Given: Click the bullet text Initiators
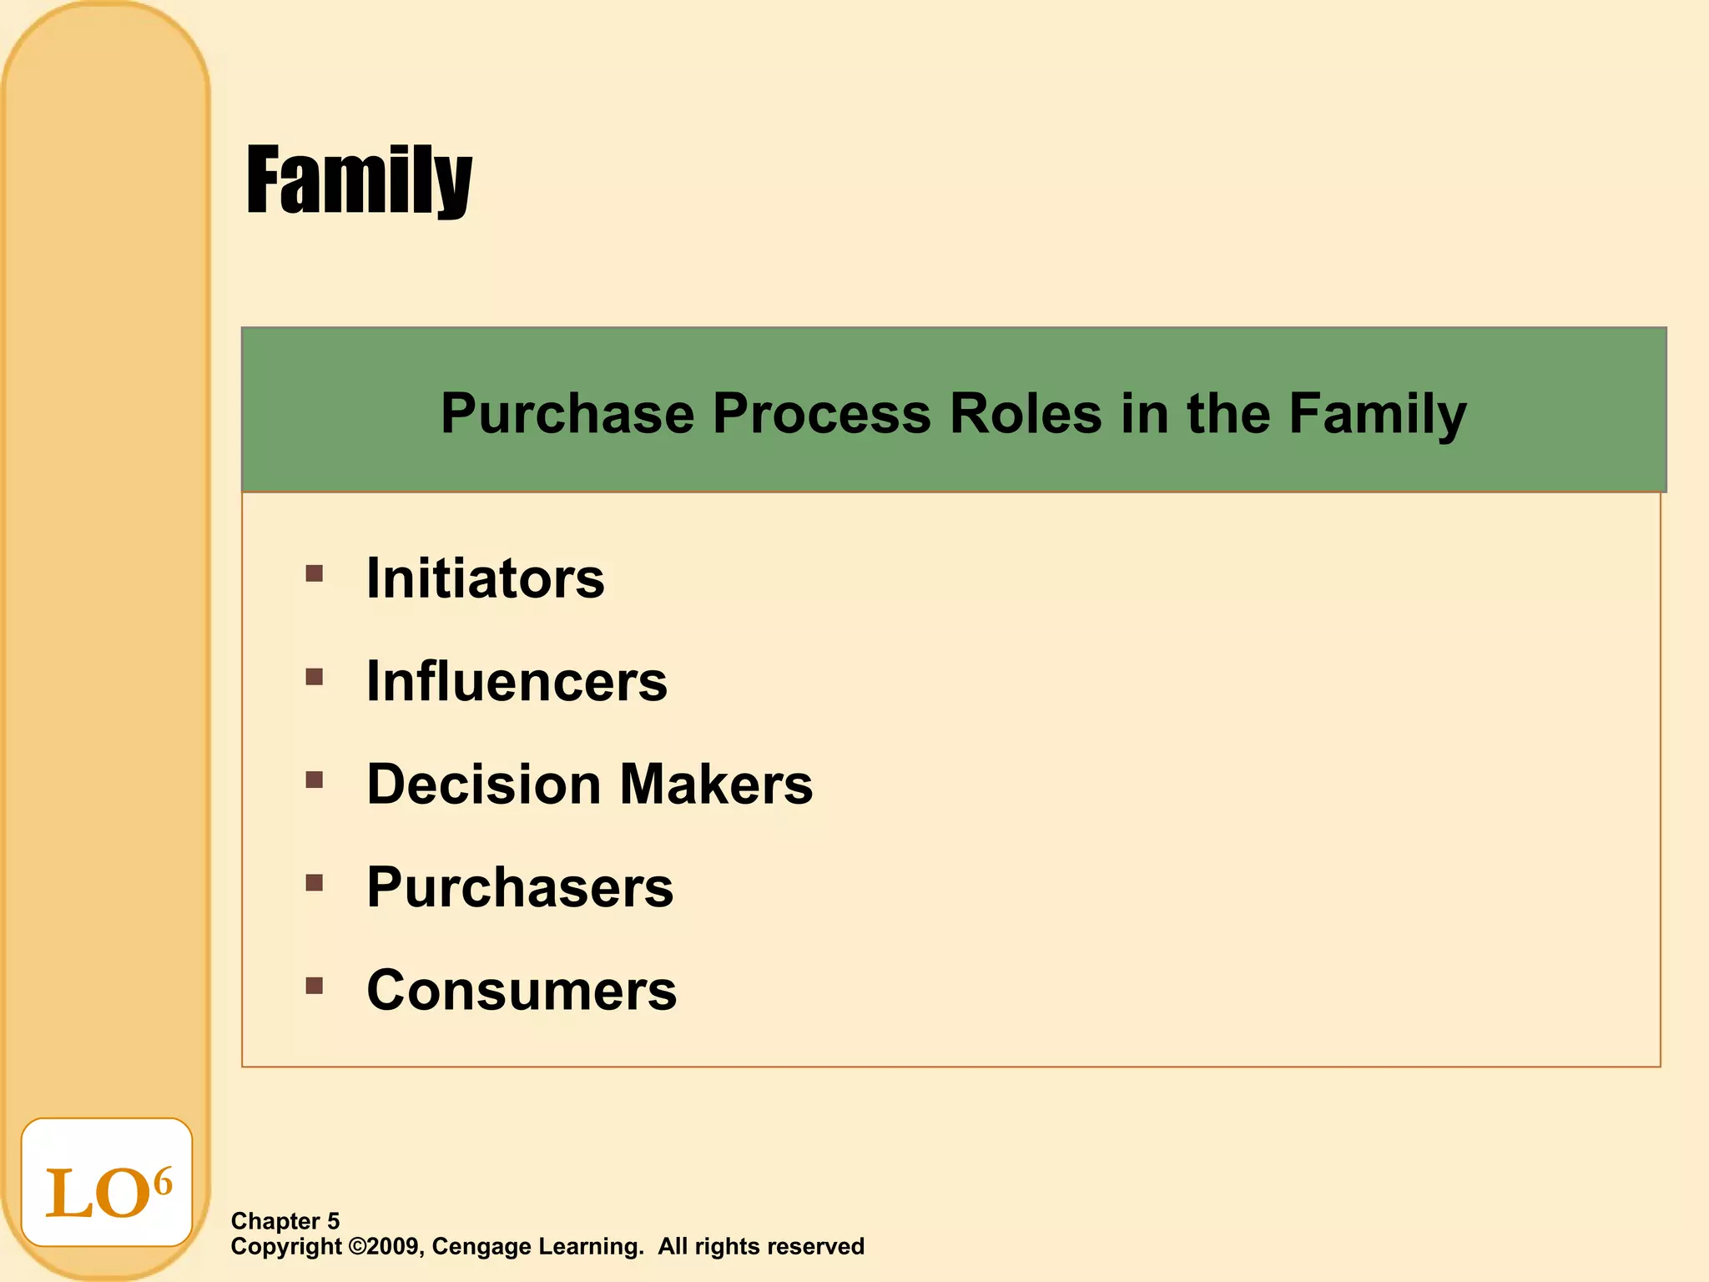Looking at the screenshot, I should click(x=486, y=578).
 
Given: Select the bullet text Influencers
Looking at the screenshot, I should click(x=517, y=681).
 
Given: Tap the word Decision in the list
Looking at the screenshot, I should click(x=484, y=785).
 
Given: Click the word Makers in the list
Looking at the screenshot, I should click(x=715, y=785).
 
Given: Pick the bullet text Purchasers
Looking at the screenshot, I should click(x=520, y=887).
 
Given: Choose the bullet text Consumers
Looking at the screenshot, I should click(x=522, y=991).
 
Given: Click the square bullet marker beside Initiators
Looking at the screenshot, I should click(x=314, y=573).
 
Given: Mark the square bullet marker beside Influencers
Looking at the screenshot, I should click(x=314, y=677).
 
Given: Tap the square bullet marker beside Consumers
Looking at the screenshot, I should click(x=314, y=987).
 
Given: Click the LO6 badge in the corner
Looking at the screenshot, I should click(x=107, y=1183).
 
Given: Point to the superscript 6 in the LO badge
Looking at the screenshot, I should click(x=163, y=1181).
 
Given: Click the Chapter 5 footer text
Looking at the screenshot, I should click(x=285, y=1221).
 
